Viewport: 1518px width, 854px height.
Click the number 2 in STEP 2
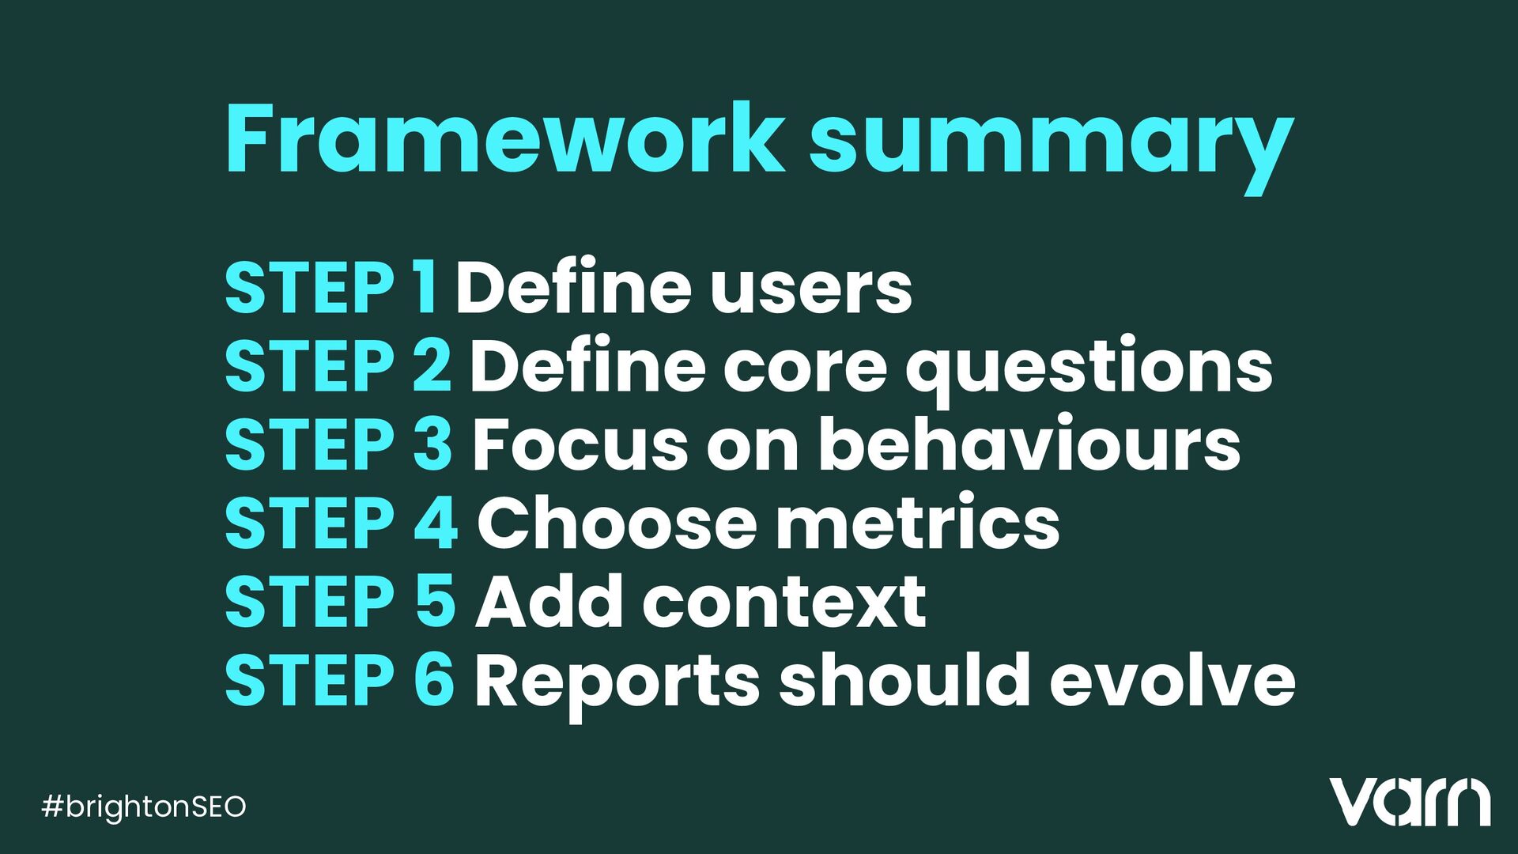point(432,365)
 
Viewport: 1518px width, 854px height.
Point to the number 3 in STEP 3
point(432,444)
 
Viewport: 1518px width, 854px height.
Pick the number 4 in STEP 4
point(435,523)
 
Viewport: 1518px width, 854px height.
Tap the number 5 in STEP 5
point(434,602)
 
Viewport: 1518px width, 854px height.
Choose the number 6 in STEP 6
point(434,680)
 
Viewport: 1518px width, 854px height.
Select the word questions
point(1089,370)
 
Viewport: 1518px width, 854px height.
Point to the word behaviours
point(1029,444)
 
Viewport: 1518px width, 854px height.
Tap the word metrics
point(918,523)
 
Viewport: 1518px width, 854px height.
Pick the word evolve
point(1172,680)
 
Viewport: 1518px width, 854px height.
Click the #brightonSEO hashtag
point(144,807)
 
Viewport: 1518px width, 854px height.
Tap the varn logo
point(1410,802)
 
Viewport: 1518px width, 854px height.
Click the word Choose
point(617,523)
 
